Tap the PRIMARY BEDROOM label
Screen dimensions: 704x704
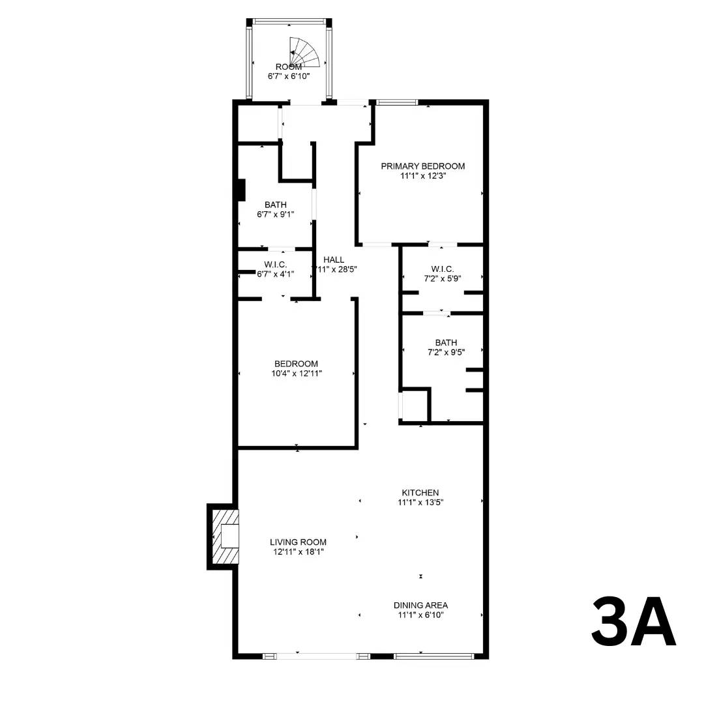(423, 166)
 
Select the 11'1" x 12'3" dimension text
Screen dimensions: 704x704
(423, 176)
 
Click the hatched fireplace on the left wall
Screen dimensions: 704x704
(224, 536)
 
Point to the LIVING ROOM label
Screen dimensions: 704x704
(298, 542)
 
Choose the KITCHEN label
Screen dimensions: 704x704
(420, 493)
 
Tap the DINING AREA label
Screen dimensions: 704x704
(420, 605)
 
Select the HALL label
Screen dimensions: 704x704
(333, 259)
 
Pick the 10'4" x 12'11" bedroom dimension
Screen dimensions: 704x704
(296, 374)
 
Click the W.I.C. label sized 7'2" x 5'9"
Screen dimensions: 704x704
(442, 269)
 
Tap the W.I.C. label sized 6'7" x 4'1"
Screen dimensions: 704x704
(275, 265)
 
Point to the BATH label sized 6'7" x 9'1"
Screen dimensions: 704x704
(275, 205)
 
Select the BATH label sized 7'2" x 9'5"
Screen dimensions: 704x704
(446, 343)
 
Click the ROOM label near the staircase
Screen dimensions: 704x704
(288, 67)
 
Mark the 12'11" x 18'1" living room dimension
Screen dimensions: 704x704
(298, 552)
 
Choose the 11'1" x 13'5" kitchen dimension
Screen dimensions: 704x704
(420, 503)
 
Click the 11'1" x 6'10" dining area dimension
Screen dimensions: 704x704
(420, 615)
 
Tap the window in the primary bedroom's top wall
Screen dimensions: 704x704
(397, 102)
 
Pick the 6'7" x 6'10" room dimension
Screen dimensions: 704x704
(288, 76)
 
